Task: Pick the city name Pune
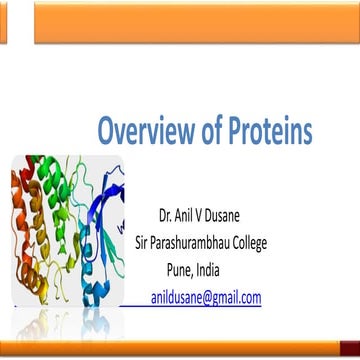click(190, 268)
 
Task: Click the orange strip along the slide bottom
click(180, 352)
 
